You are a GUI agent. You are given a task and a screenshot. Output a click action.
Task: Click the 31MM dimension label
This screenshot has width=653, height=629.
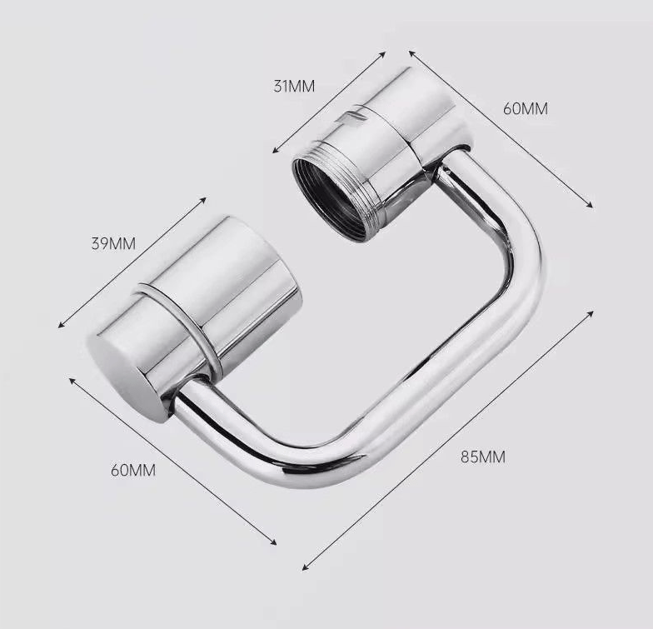pyautogui.click(x=295, y=86)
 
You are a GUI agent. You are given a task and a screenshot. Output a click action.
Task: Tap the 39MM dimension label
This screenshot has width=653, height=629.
pyautogui.click(x=113, y=244)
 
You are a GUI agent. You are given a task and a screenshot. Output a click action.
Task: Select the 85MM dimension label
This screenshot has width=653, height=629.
pyautogui.click(x=482, y=456)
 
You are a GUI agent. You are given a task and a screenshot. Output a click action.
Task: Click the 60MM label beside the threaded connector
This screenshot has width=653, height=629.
pyautogui.click(x=526, y=108)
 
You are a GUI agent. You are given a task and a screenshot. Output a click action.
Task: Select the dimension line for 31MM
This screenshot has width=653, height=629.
pyautogui.click(x=330, y=102)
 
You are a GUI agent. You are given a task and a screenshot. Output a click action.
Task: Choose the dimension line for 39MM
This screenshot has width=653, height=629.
pyautogui.click(x=132, y=262)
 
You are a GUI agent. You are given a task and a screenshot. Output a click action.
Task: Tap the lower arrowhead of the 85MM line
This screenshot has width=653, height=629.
pyautogui.click(x=306, y=567)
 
